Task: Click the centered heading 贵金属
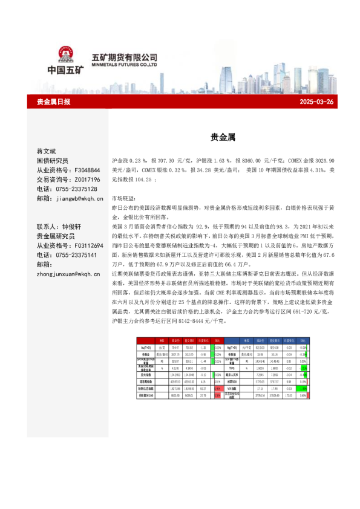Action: click(218, 138)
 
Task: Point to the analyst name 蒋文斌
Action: click(47, 151)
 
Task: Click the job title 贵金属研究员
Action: click(56, 236)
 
